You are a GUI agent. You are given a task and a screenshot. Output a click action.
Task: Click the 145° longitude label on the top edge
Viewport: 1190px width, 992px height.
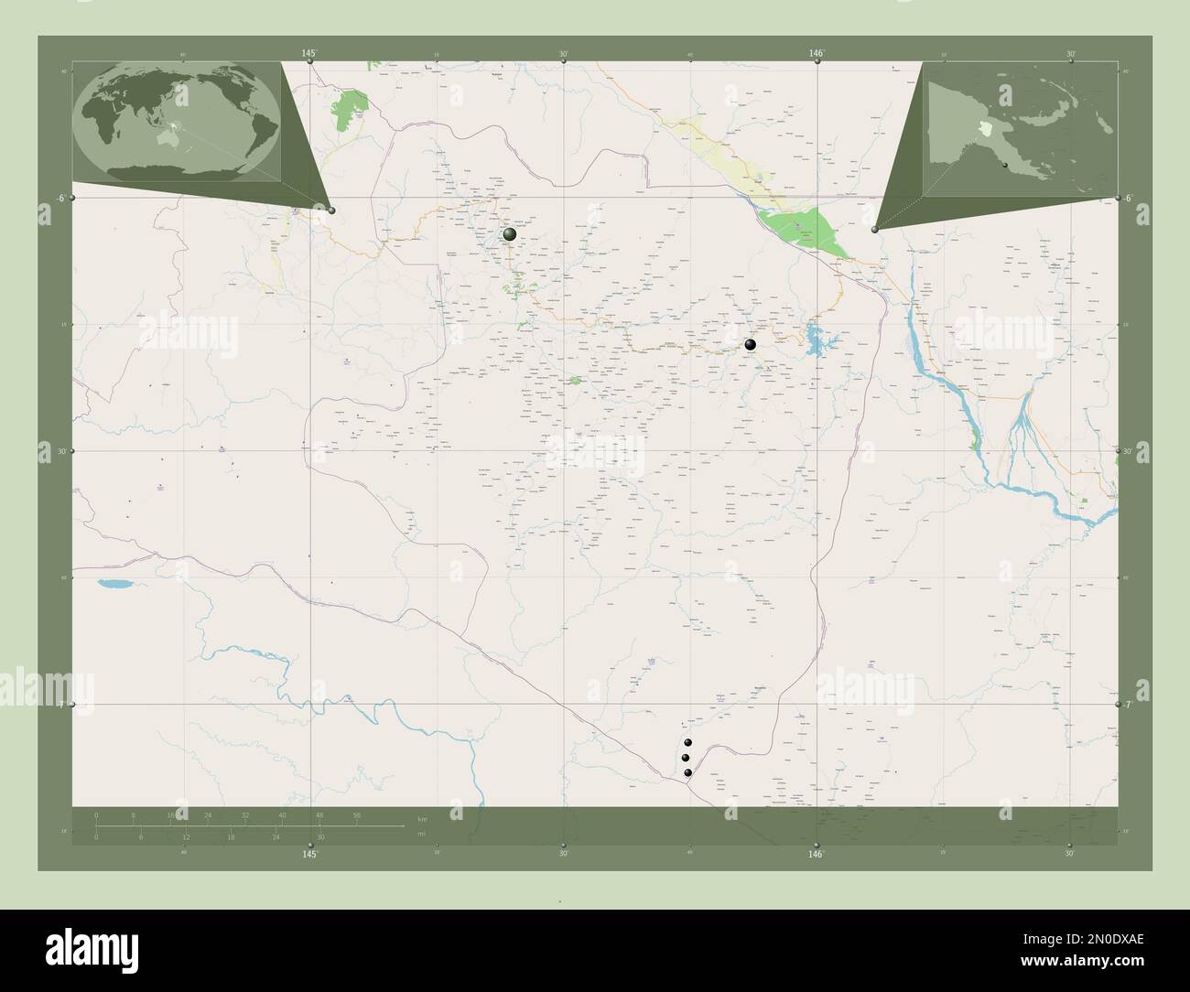pyautogui.click(x=311, y=54)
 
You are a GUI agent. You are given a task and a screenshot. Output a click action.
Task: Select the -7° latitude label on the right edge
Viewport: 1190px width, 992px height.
pyautogui.click(x=1130, y=705)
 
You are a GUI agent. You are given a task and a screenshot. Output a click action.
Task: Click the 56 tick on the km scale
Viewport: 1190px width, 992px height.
pyautogui.click(x=356, y=814)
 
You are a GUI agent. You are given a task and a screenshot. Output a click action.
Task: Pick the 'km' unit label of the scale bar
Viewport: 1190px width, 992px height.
pyautogui.click(x=421, y=818)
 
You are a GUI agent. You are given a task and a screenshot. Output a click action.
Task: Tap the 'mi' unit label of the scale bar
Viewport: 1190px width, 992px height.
pyautogui.click(x=421, y=834)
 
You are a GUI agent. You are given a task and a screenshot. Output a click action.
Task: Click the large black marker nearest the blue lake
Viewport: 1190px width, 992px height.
pyautogui.click(x=750, y=345)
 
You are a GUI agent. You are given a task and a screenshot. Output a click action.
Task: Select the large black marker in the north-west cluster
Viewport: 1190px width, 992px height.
pyautogui.click(x=510, y=235)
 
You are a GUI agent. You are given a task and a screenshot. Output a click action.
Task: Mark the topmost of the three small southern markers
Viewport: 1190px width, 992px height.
pyautogui.click(x=688, y=743)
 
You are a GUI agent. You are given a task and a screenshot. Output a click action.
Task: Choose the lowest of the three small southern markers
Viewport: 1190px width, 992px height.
pyautogui.click(x=687, y=773)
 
